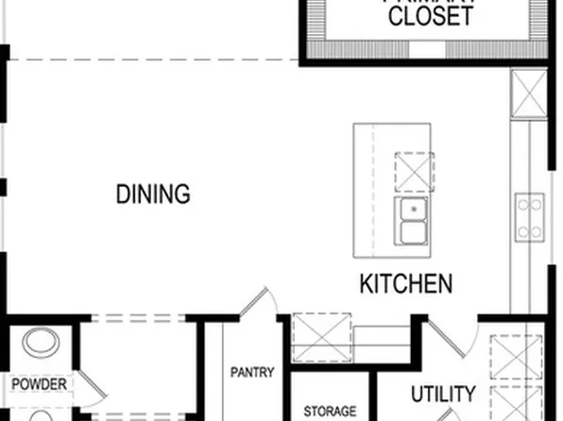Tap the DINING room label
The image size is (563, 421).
click(153, 194)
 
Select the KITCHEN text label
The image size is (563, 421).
click(405, 283)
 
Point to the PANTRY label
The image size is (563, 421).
click(252, 372)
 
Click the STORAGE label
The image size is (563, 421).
click(330, 412)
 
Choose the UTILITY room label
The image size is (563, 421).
click(443, 394)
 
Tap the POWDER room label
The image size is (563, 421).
click(39, 384)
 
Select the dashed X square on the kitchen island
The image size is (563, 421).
click(414, 171)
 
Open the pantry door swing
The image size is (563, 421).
click(257, 304)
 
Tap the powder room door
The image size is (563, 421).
click(87, 385)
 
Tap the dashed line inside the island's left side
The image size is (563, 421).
click(373, 189)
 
